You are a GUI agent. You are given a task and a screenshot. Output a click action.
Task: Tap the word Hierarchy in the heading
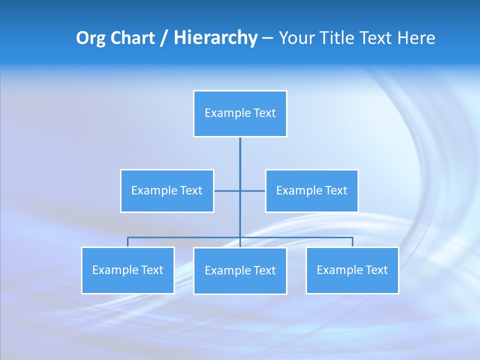click(x=215, y=38)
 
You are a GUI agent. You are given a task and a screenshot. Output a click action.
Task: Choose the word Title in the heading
click(x=337, y=38)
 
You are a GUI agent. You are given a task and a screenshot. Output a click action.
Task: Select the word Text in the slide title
click(x=377, y=38)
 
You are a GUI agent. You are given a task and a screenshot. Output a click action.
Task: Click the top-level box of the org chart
click(x=240, y=113)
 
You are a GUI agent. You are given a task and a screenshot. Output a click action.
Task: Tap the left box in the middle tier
click(x=167, y=190)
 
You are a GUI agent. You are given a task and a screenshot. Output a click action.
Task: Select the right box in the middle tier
click(x=311, y=190)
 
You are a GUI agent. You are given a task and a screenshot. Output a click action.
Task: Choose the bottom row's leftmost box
click(x=128, y=270)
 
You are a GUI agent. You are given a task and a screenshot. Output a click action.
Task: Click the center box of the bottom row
click(x=240, y=270)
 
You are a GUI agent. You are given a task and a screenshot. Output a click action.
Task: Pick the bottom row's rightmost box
click(x=352, y=270)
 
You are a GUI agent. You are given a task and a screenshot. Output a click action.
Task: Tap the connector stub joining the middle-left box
click(x=226, y=190)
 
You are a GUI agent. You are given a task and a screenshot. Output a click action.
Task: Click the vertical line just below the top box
click(x=240, y=150)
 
